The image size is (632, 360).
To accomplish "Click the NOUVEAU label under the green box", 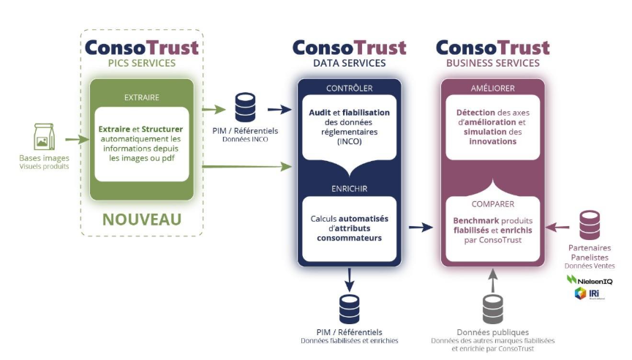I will point(142,219).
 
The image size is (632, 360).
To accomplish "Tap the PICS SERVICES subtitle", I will point(142,63).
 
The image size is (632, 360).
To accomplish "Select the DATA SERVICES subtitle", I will point(350,63).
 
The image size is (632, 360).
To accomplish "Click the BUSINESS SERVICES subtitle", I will point(493,63).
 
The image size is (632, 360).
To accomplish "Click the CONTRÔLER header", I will point(350,89).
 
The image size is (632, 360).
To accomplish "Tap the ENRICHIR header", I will point(350,188).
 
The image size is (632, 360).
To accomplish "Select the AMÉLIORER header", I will point(494,89).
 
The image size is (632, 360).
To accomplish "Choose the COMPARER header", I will point(494,204).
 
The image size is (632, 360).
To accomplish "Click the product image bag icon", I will point(44,137).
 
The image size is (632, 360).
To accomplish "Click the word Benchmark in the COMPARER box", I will point(475,220).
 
